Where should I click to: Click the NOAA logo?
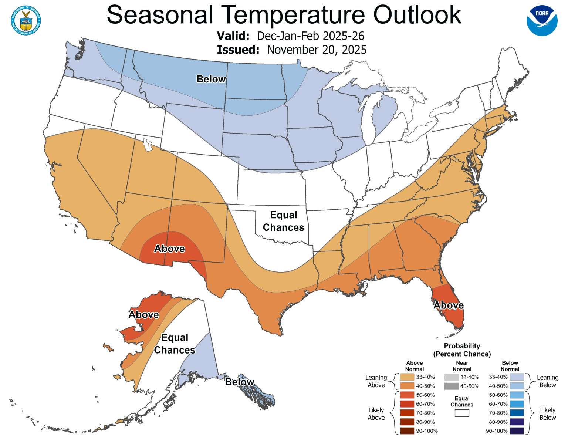[x=542, y=21]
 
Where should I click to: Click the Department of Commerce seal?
[x=26, y=21]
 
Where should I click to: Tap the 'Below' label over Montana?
[x=211, y=79]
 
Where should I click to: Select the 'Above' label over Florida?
[x=448, y=305]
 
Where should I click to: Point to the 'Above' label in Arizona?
[x=169, y=249]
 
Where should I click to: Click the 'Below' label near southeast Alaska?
[x=240, y=382]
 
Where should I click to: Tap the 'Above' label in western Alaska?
[x=143, y=315]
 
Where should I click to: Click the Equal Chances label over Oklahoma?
[x=283, y=221]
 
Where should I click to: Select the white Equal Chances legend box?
[x=462, y=413]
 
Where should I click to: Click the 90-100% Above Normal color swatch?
[x=407, y=431]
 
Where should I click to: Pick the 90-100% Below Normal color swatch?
[x=517, y=431]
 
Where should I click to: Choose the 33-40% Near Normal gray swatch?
[x=451, y=377]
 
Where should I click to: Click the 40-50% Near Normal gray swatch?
[x=451, y=386]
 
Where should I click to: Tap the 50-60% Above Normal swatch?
[x=407, y=395]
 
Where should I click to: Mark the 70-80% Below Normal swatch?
[x=517, y=413]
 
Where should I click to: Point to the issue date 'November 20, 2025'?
[x=317, y=50]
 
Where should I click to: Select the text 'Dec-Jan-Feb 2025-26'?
[x=311, y=36]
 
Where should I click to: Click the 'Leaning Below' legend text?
[x=547, y=381]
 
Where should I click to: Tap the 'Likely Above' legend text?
[x=376, y=414]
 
